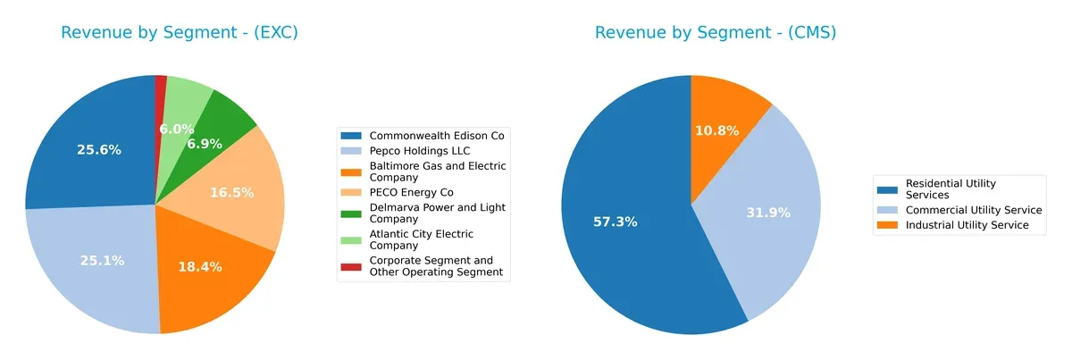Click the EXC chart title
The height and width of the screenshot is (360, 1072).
coord(180,33)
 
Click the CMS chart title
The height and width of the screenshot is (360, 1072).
coord(716,33)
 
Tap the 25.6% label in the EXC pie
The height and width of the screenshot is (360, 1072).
coord(98,150)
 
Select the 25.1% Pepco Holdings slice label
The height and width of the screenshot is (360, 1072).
coord(102,261)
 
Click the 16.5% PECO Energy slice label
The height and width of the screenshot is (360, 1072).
coord(232,192)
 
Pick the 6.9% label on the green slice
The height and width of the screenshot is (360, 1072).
coord(204,144)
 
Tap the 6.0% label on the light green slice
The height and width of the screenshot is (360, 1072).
coord(177,130)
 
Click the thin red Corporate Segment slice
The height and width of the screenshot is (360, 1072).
coord(161,83)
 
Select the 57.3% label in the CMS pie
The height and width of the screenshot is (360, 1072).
coord(616,222)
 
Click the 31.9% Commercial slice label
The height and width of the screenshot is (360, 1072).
coord(768,213)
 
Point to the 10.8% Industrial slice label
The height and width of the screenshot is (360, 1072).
coord(716,130)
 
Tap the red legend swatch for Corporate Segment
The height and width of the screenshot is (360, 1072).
coord(352,266)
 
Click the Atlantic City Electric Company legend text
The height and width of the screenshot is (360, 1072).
coord(422,239)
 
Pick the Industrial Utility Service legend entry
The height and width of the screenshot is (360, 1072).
coord(967,225)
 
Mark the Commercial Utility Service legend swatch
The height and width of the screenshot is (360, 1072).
coord(889,210)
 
